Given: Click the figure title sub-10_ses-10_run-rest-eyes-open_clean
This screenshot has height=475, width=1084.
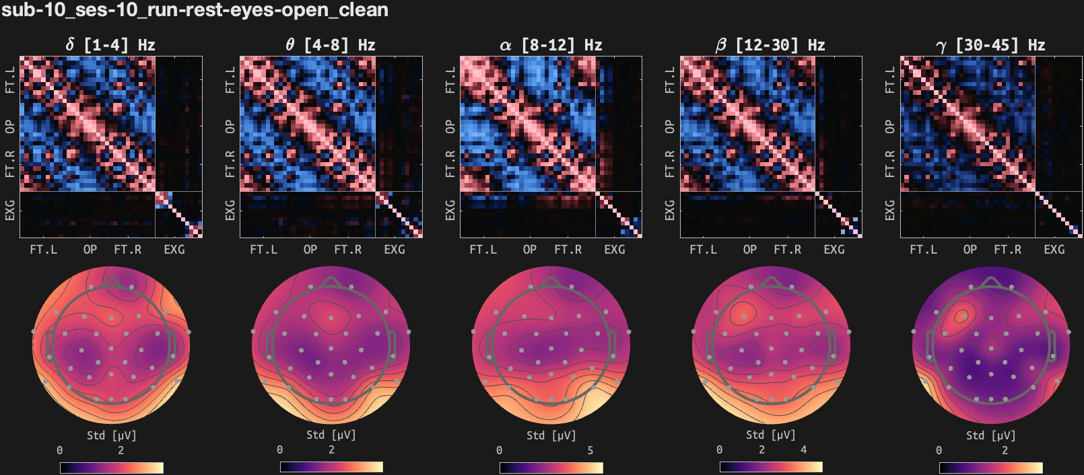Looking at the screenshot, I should coord(195,10).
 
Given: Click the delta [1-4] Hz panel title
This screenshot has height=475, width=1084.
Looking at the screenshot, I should coord(110,45).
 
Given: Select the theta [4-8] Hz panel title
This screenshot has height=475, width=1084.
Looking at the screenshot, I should coord(331,45).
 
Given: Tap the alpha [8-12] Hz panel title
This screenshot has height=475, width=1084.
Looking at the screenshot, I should coord(551,45).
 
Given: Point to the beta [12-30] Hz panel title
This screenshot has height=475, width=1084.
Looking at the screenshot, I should coord(770,45).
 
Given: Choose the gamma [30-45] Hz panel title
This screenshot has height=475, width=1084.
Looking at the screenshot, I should coord(990,45).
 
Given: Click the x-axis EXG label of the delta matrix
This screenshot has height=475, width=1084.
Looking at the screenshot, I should coord(174,250).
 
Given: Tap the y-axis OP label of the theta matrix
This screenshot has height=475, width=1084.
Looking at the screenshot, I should coord(230,126).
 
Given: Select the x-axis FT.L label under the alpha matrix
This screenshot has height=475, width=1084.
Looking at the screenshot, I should coord(483,250).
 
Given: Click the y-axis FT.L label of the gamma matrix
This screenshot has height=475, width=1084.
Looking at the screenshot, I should coord(890,79).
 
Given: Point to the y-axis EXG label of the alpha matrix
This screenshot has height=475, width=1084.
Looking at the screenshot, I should coord(450,210).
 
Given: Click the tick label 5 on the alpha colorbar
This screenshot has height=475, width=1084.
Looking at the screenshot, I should coord(590,450).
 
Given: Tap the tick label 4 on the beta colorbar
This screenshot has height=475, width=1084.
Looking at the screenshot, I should coord(803,449).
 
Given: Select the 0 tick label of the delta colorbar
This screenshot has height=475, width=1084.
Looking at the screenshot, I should coord(60,450).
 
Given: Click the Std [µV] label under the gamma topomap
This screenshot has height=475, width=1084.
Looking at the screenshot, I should coord(990,435).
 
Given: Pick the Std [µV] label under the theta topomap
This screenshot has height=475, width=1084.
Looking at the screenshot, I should coord(331,435).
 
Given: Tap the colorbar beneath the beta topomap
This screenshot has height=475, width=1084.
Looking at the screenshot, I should coord(770,467).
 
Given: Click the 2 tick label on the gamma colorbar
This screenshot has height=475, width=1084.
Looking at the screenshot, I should coord(1005,450).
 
